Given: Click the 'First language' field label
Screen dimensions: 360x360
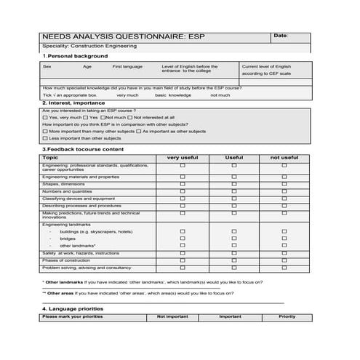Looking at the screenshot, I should tap(127, 67).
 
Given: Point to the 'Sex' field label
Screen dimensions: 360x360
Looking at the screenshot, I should tap(47, 67).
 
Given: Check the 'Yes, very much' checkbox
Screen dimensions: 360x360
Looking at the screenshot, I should tap(45, 117).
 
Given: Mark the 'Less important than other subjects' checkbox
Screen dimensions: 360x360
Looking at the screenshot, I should tap(45, 137).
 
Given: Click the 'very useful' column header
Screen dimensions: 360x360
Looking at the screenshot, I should tap(183, 157).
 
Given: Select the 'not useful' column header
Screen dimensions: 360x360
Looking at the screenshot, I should tap(284, 157).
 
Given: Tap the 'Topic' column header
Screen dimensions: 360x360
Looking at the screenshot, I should tap(50, 157).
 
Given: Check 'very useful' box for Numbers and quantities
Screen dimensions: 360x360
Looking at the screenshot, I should tap(183, 191).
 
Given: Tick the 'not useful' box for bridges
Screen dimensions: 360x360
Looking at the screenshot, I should tap(284, 238).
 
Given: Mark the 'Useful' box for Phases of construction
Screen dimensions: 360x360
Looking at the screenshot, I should tap(233, 260).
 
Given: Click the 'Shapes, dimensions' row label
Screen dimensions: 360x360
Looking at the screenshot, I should tap(64, 184).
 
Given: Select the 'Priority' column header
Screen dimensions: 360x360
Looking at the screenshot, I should tap(287, 317).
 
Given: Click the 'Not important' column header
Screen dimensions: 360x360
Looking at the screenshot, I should tap(172, 317).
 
